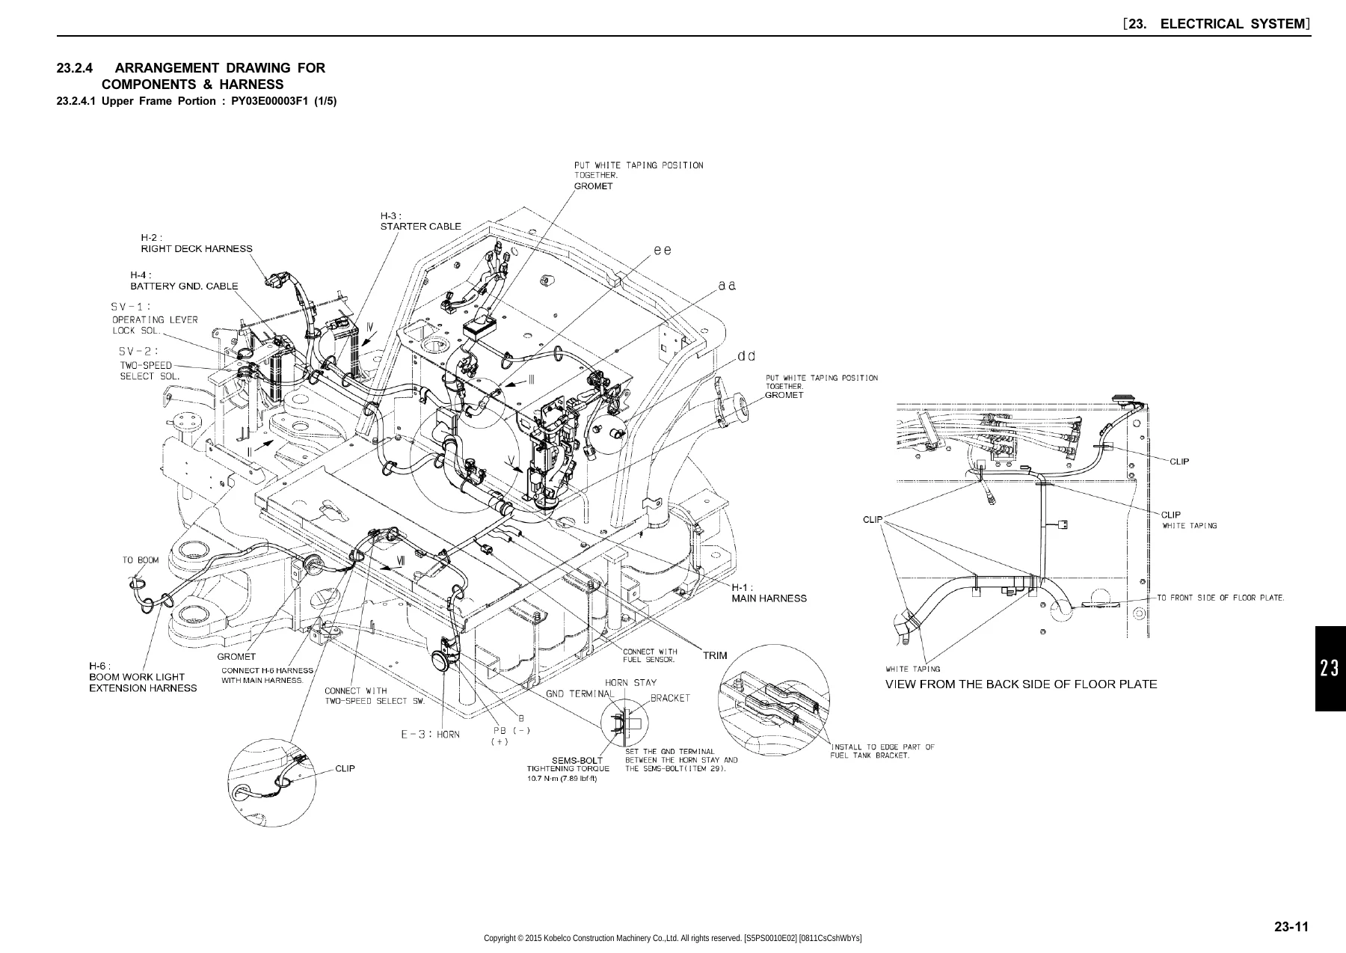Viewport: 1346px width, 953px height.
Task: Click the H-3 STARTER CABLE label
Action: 421,221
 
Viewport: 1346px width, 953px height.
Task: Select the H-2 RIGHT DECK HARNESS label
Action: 197,243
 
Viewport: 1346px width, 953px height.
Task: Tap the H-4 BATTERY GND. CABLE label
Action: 184,281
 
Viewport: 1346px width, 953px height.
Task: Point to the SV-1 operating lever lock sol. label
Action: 155,318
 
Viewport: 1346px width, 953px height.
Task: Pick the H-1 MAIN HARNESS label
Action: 769,592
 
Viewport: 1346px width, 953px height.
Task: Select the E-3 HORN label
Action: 431,734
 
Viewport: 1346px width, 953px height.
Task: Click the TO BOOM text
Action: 141,560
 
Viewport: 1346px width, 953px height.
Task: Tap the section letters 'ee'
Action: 663,251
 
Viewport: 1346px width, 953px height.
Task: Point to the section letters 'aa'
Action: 728,286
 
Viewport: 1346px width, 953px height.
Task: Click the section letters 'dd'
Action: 746,356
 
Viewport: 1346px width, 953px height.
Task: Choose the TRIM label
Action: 715,655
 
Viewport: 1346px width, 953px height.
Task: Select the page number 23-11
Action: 1292,928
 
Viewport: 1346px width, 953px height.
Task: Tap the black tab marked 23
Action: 1330,668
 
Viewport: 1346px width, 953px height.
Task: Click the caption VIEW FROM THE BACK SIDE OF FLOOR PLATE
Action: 1021,684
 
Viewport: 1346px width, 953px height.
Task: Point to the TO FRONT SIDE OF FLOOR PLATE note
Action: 1221,598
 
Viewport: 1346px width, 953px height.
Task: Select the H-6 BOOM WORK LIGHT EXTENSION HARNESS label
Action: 143,677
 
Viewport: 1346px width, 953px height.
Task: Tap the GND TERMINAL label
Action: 580,693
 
